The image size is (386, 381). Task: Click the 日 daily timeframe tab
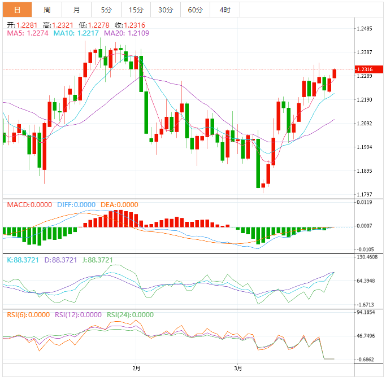(17, 10)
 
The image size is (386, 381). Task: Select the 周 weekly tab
(47, 10)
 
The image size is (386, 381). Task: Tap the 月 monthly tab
(76, 10)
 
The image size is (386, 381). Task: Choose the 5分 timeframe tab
(106, 10)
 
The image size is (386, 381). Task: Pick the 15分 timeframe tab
(136, 10)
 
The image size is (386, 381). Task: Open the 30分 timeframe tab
(166, 10)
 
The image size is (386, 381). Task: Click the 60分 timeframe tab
(195, 10)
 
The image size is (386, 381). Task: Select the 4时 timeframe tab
(224, 10)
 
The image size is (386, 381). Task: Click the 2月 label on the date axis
(136, 369)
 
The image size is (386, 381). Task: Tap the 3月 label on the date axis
(238, 369)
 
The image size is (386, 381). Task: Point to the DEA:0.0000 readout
(119, 205)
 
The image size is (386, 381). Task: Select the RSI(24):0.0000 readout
(125, 315)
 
